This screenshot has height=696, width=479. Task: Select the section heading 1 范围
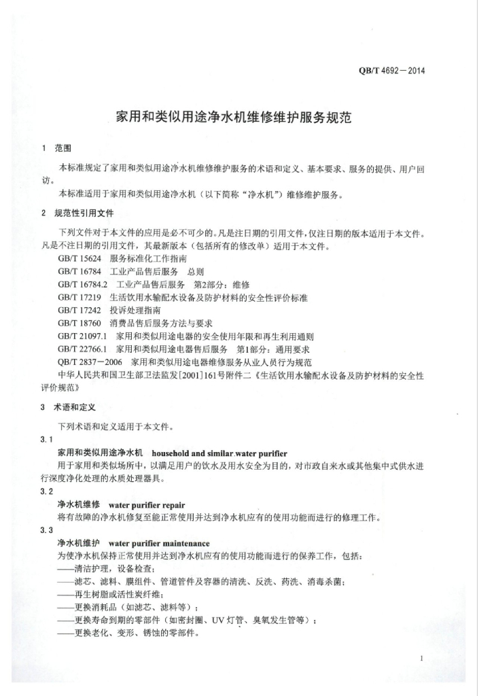[x=58, y=148]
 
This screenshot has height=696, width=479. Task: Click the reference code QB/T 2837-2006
[x=90, y=362]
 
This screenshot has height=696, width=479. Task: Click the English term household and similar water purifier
[x=219, y=453]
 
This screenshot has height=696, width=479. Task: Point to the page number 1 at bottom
[x=422, y=658]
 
